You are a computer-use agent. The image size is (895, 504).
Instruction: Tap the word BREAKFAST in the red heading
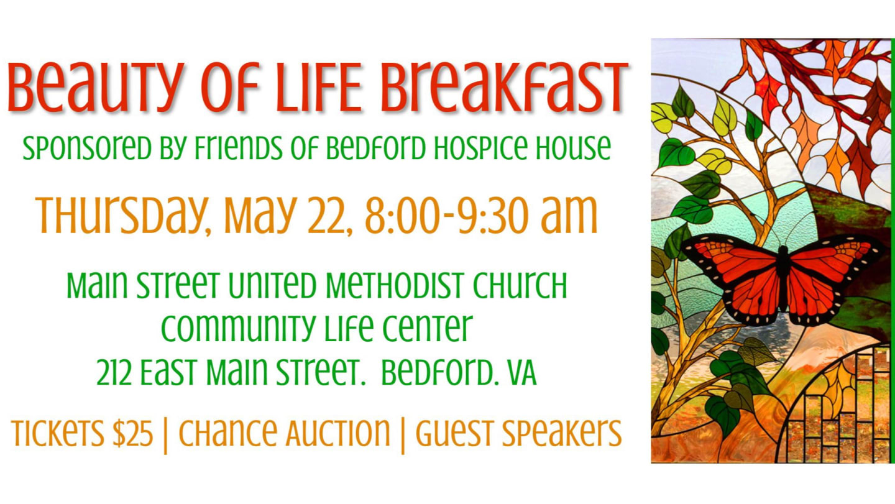(505, 86)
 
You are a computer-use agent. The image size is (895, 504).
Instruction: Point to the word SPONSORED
(87, 148)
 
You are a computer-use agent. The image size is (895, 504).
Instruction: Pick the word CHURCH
(520, 285)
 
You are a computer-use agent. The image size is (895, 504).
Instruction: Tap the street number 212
(114, 372)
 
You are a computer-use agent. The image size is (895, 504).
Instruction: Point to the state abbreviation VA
(521, 372)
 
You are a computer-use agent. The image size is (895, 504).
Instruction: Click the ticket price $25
(132, 433)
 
